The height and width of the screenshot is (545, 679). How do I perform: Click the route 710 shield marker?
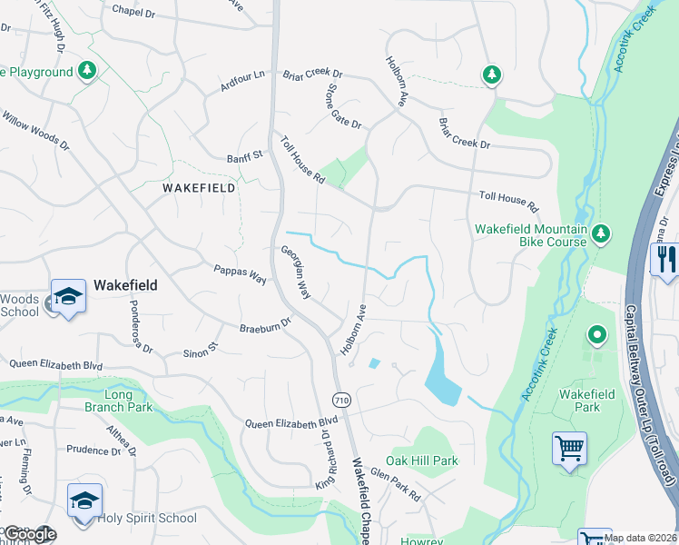[x=341, y=400]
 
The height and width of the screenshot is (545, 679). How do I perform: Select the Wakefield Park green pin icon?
[x=596, y=336]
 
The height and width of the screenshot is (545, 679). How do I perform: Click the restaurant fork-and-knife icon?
[x=665, y=260]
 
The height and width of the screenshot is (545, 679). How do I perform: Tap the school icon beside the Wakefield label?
[x=68, y=297]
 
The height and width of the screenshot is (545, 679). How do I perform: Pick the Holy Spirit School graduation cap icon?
[x=84, y=501]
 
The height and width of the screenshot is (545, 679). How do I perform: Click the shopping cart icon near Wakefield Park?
[x=569, y=447]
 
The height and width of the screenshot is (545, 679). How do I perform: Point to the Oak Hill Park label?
[x=422, y=461]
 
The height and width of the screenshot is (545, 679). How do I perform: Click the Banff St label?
[x=244, y=157]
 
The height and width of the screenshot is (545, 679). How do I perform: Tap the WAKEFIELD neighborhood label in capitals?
[x=199, y=188]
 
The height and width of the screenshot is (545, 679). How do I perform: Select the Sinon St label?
[x=202, y=350]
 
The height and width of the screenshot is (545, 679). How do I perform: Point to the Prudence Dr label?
[x=87, y=450]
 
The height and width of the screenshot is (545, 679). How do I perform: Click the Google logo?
[x=30, y=534]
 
